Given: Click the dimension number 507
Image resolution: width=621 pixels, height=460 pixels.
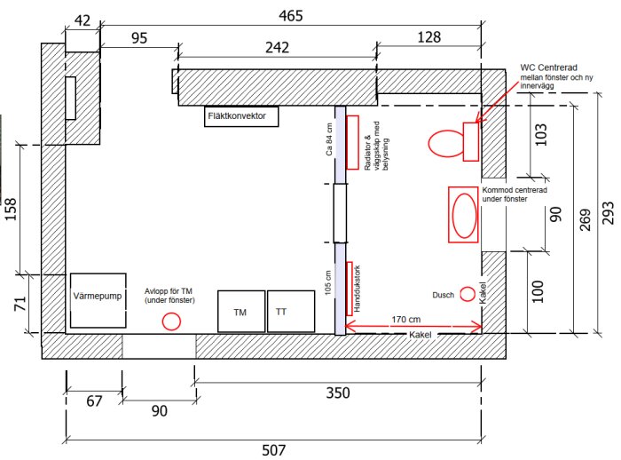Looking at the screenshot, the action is pos(273,450).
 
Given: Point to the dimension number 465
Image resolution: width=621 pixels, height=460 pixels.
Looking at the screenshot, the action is pos(291,16).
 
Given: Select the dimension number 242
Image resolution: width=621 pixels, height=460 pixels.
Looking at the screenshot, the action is pos(277,48).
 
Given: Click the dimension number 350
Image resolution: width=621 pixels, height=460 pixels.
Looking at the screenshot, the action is pos(338,393).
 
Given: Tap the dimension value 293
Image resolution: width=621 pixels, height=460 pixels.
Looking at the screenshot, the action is pos(608,212).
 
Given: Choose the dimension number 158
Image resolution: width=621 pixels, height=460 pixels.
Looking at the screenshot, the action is pos(11,209).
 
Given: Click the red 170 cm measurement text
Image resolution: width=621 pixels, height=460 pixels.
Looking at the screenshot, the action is pos(406,319).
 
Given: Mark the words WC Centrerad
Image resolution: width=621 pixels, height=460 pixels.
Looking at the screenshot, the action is pos(548,67).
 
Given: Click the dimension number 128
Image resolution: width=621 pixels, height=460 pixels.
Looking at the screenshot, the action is pos(428,37).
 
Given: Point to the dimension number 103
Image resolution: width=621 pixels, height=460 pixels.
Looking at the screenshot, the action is pos(540,135).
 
